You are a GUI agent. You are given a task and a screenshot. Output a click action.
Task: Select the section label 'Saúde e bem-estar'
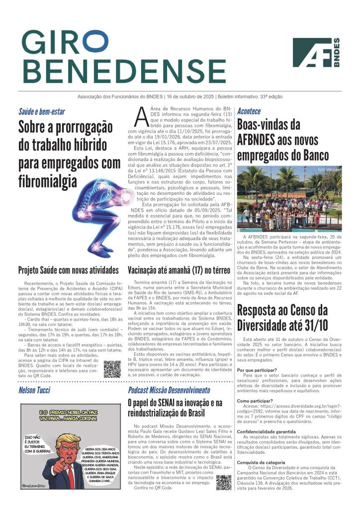point(42,111)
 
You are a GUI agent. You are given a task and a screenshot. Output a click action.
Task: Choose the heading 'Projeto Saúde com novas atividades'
point(69,270)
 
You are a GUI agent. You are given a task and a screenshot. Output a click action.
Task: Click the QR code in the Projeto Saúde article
point(112,369)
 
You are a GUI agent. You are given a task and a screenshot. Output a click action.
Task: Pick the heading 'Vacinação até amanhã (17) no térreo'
point(178,270)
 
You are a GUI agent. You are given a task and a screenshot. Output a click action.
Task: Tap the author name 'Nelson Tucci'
point(34,390)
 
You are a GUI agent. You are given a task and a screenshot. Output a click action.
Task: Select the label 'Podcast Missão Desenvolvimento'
point(169,390)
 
